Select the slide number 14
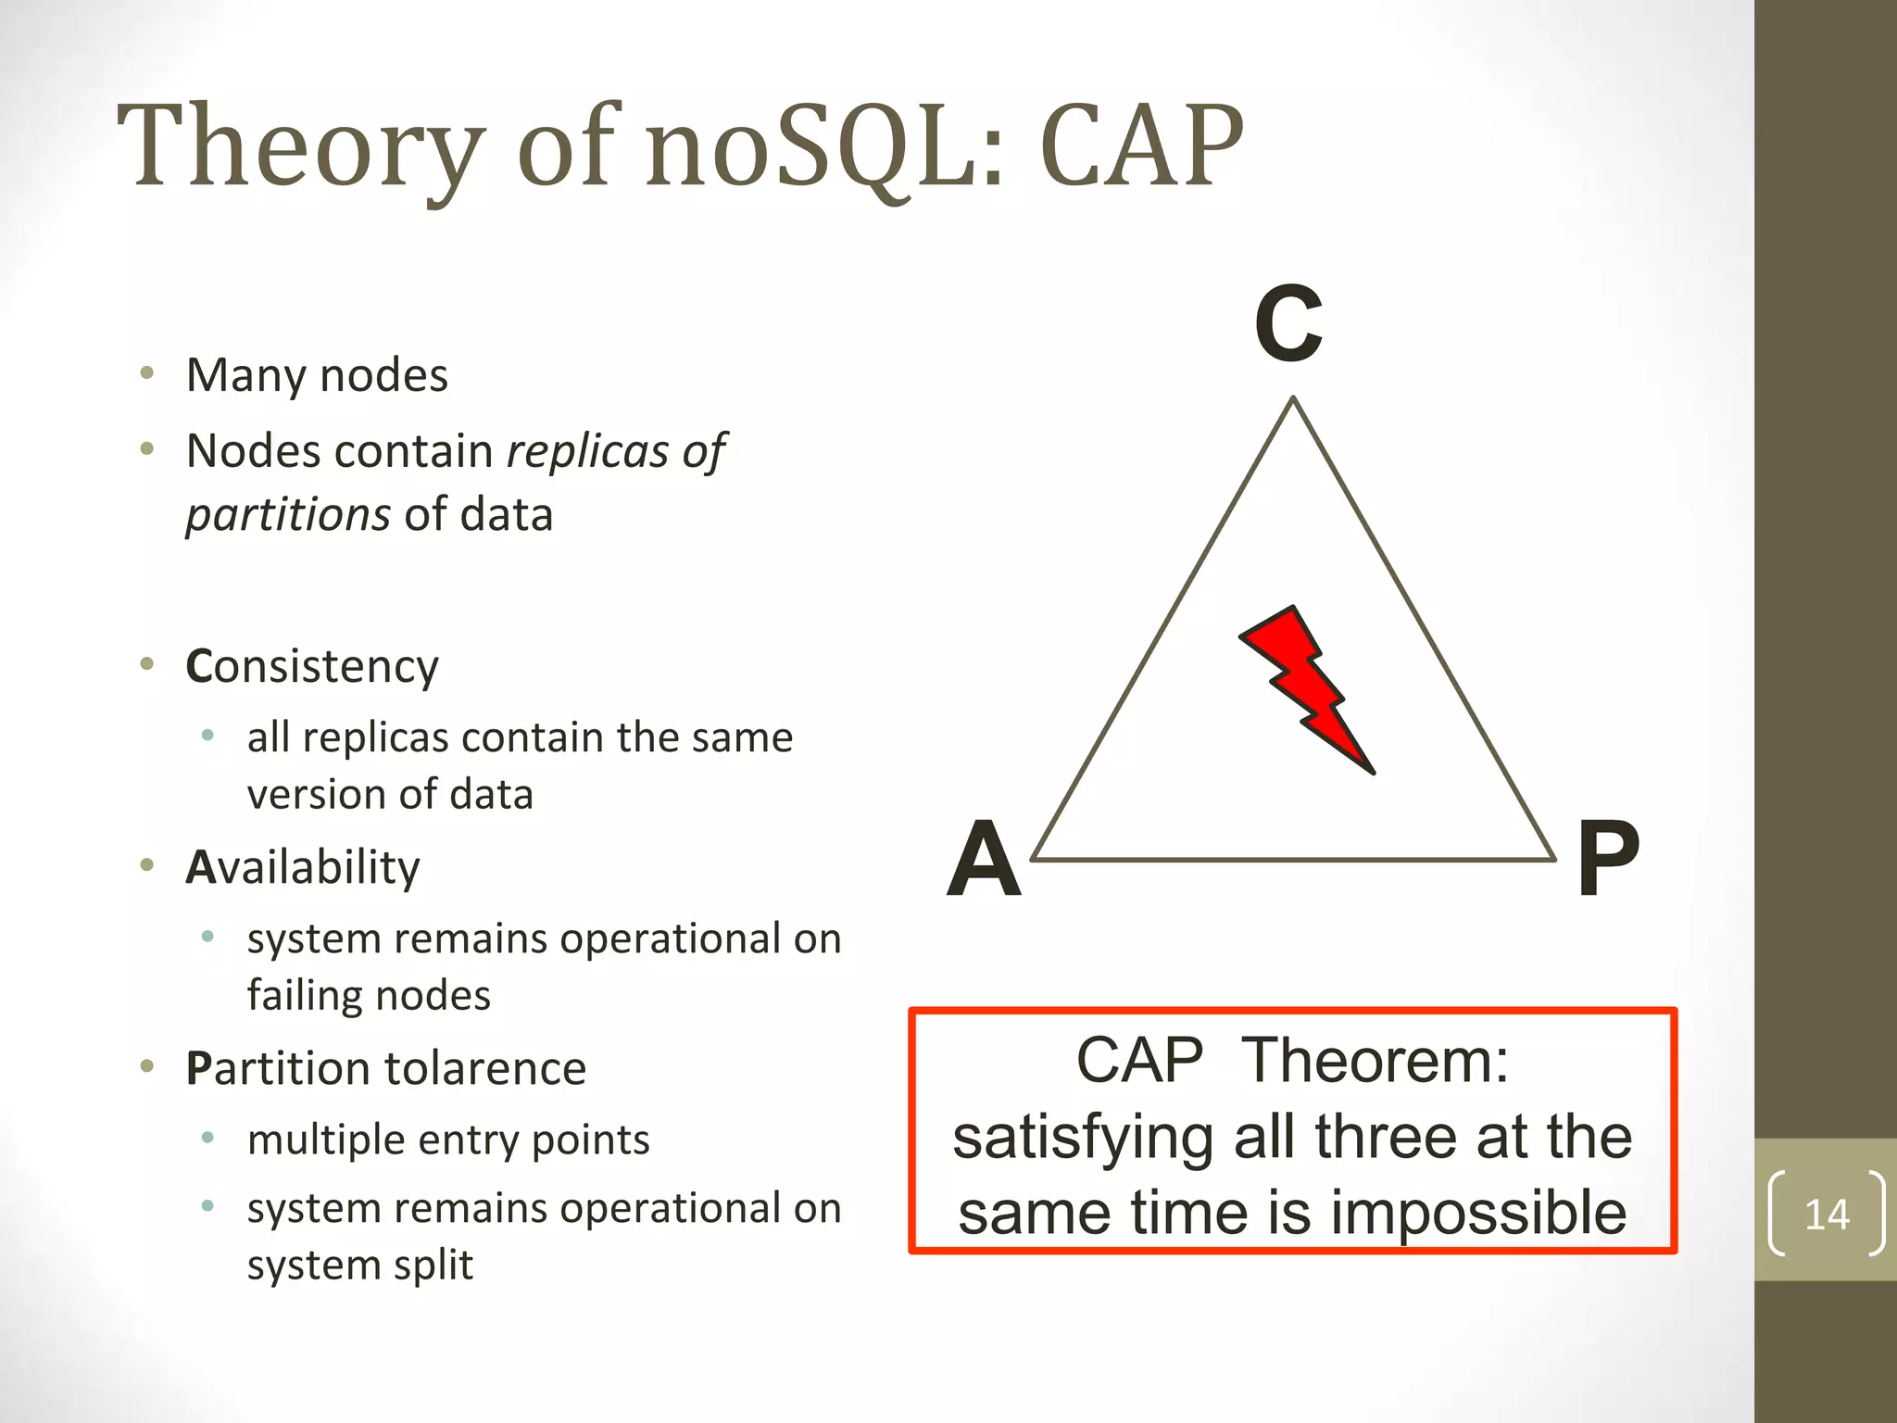pyautogui.click(x=1827, y=1214)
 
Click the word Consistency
pyautogui.click(x=312, y=666)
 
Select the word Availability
pyautogui.click(x=303, y=867)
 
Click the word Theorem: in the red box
pyautogui.click(x=1375, y=1060)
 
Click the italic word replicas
pyautogui.click(x=587, y=452)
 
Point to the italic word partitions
pyautogui.click(x=288, y=515)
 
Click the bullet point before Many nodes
pyautogui.click(x=146, y=374)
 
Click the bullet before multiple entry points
pyautogui.click(x=208, y=1138)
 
